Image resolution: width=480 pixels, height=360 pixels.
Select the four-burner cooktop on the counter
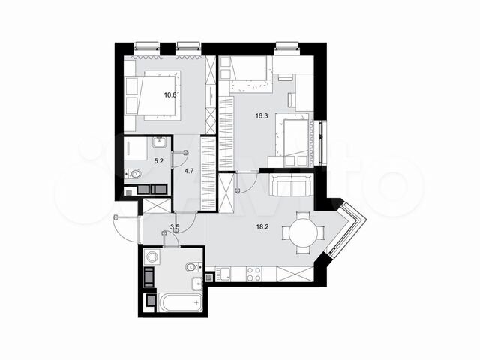pos(252,273)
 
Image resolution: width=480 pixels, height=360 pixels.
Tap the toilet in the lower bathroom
pos(193,266)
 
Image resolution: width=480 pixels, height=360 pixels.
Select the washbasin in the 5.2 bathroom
pos(159,142)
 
